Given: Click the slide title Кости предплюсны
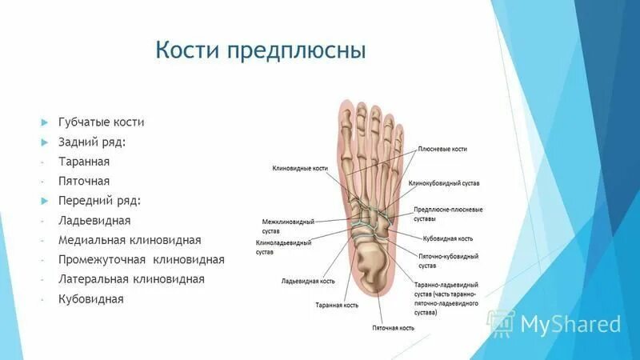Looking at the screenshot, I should [x=260, y=52].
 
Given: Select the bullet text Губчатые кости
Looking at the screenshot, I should [x=101, y=122].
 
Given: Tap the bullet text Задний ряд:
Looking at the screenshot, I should [x=91, y=142].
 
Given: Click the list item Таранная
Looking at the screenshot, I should [x=83, y=162].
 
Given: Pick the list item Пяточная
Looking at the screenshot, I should [x=83, y=181].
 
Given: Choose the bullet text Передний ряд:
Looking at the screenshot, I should [x=99, y=200].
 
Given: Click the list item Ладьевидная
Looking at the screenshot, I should [x=94, y=220].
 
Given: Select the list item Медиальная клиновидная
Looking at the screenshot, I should [x=129, y=240].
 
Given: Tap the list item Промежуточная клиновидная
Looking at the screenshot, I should [x=141, y=260].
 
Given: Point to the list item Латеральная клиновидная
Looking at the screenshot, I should [x=131, y=279].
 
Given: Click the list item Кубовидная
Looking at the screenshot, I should [x=90, y=299].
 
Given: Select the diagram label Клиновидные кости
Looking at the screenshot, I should [x=300, y=169].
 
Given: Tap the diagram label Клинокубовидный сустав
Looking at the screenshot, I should [x=444, y=183].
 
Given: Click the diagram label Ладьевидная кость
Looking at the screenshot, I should [x=307, y=282].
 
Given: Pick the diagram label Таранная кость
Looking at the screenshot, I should [x=336, y=305].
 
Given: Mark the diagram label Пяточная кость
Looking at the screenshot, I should [x=393, y=328].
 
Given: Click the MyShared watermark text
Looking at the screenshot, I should [x=570, y=324].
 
